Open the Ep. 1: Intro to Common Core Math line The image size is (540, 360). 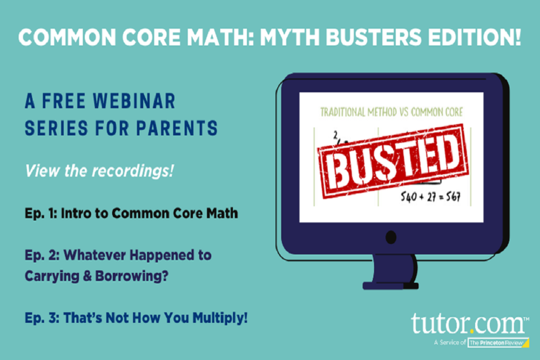pyautogui.click(x=131, y=213)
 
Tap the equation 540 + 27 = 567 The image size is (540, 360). pyautogui.click(x=430, y=197)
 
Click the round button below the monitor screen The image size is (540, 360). pyautogui.click(x=391, y=237)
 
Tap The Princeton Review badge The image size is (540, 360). pyautogui.click(x=495, y=342)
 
